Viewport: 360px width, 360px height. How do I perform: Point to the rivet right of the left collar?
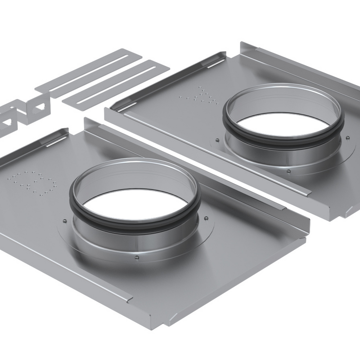pyautogui.click(x=206, y=218)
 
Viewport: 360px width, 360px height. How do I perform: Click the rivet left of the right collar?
pyautogui.click(x=217, y=139)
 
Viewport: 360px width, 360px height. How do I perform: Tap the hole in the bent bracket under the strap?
pyautogui.click(x=38, y=108)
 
